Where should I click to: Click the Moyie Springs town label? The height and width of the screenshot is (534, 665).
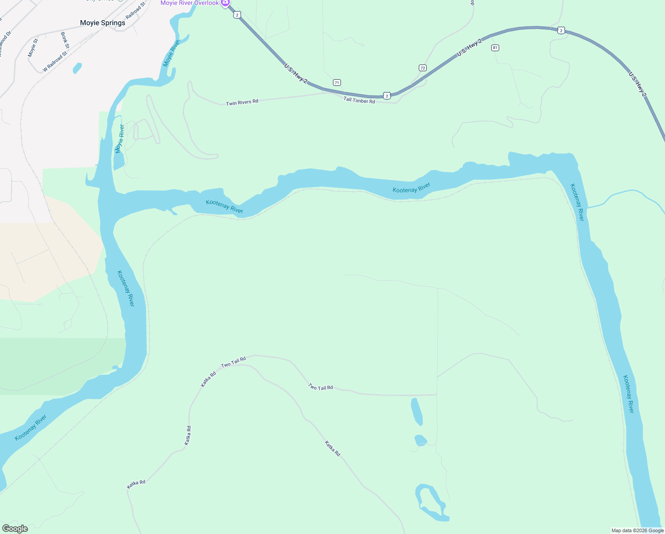[102, 23]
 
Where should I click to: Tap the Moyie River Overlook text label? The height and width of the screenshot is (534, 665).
[189, 3]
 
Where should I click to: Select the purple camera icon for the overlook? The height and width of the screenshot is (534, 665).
[225, 3]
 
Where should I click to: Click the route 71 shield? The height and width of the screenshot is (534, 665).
[337, 82]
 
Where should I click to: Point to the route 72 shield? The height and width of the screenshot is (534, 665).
[422, 68]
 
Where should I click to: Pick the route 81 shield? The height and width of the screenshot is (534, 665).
[495, 48]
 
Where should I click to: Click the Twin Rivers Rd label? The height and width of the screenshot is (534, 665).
[242, 103]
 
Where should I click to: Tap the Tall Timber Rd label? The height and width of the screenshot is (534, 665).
[359, 101]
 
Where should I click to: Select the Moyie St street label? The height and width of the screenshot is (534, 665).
[33, 48]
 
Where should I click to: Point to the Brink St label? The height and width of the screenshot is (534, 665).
[65, 40]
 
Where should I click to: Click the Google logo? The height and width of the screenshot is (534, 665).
[15, 529]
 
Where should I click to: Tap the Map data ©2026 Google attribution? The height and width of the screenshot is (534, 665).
[637, 530]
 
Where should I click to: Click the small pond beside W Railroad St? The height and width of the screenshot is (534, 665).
[77, 68]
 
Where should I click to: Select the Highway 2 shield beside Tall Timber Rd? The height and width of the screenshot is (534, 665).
[387, 96]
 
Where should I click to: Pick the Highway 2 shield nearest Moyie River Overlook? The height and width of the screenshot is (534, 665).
[237, 15]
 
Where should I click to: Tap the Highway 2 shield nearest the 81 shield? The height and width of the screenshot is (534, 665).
[561, 30]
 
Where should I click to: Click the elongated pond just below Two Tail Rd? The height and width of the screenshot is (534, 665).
[417, 412]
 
